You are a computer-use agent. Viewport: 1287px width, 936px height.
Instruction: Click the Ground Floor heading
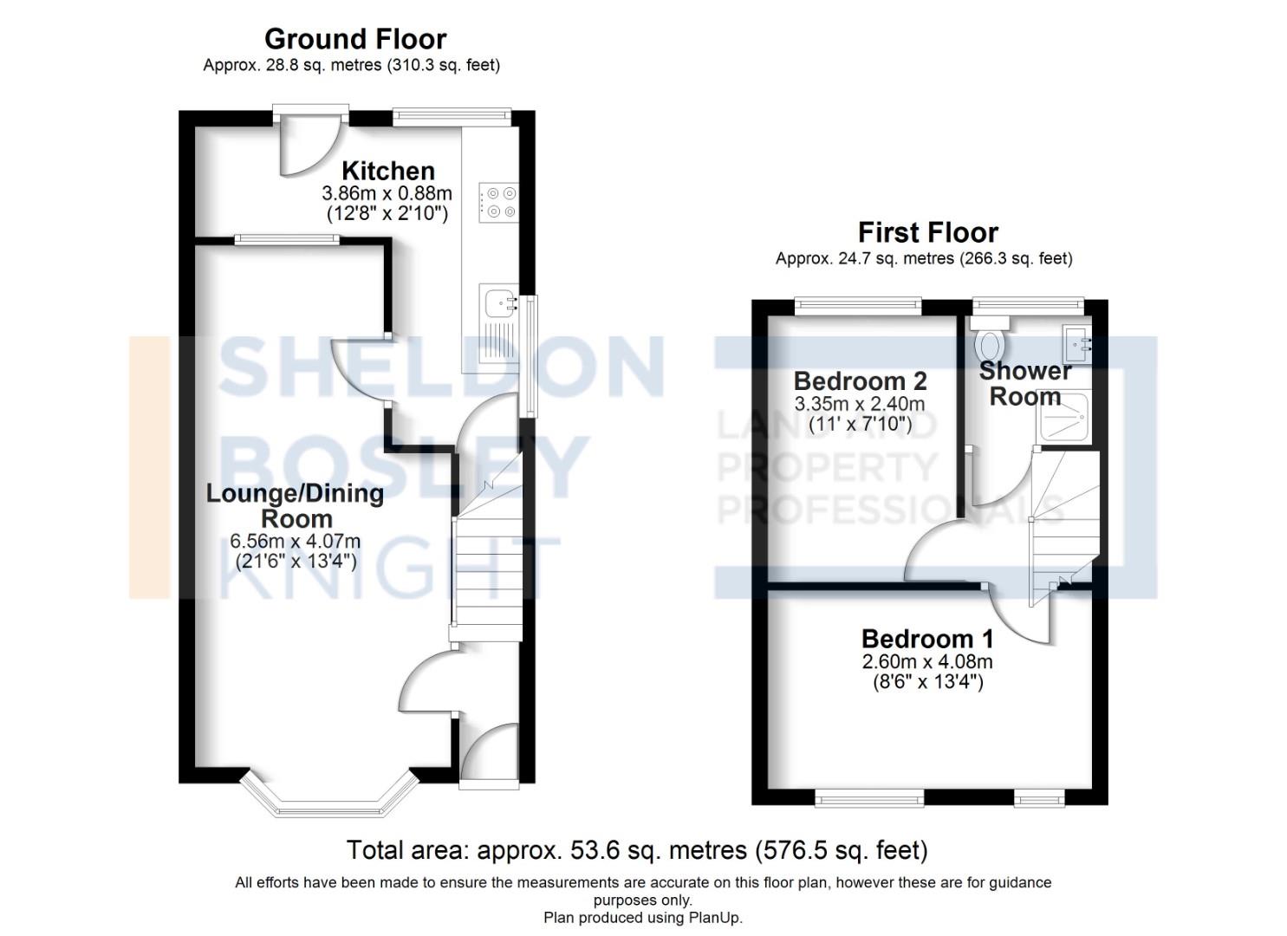tap(354, 39)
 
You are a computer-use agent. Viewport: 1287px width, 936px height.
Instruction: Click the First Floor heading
tap(927, 232)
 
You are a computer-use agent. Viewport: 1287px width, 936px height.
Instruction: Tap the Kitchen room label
tap(387, 171)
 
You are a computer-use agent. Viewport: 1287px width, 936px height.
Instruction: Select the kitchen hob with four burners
tap(497, 202)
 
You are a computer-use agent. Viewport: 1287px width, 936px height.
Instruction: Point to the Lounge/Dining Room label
tap(295, 505)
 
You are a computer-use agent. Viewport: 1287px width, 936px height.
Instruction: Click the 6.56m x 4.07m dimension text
tap(295, 541)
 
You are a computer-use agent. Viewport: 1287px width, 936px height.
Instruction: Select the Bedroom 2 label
tap(860, 380)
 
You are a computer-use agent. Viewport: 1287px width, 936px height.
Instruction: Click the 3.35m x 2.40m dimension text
tap(860, 404)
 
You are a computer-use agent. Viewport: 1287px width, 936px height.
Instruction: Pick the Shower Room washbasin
tap(1077, 344)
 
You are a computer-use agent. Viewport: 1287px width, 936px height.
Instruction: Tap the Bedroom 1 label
tap(927, 639)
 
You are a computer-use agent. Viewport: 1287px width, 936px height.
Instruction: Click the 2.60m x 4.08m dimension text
tap(927, 661)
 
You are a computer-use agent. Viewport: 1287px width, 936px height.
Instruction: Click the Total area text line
tap(637, 850)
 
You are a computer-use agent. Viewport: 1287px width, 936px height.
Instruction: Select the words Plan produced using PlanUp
tap(643, 918)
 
